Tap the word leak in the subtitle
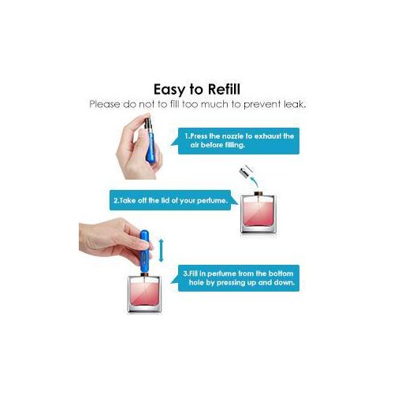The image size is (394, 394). click(x=295, y=104)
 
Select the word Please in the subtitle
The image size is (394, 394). click(x=104, y=104)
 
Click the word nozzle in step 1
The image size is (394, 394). click(x=232, y=136)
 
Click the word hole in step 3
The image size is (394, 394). click(x=195, y=283)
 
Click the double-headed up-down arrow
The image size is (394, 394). click(x=162, y=251)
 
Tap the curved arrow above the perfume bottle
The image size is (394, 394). click(x=254, y=182)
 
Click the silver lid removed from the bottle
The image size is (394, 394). click(x=245, y=172)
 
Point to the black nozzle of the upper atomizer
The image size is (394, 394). click(x=148, y=124)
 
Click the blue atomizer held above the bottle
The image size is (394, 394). click(x=144, y=251)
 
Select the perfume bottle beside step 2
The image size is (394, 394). click(x=258, y=213)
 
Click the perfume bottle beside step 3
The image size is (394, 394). click(x=144, y=293)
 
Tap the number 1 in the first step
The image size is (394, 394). click(x=187, y=136)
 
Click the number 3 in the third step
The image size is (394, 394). click(x=185, y=273)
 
